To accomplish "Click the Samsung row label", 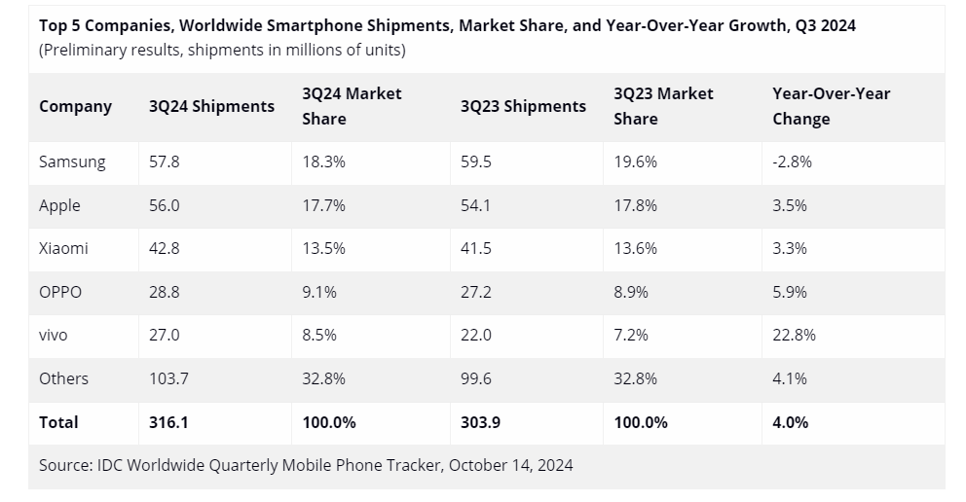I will point(72,162).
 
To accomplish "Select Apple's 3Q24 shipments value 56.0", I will point(164,205).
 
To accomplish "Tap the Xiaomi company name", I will point(63,248).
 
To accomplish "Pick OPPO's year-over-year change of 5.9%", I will point(789,292).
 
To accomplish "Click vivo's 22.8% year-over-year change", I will point(794,335).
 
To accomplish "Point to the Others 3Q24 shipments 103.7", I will point(168,378).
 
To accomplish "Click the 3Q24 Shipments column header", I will point(211,106).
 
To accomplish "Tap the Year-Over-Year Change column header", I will point(831,106).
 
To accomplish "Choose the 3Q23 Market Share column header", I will point(663,106).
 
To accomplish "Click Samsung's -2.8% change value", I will point(792,162).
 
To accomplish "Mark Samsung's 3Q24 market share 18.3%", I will point(323,162).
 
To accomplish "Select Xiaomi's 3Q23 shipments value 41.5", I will point(476,248).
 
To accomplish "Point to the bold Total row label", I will point(58,422).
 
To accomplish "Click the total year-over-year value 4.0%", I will point(790,422).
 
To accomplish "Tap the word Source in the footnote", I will point(65,465).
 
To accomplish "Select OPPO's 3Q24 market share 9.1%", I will point(319,292).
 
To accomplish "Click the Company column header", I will point(75,106).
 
